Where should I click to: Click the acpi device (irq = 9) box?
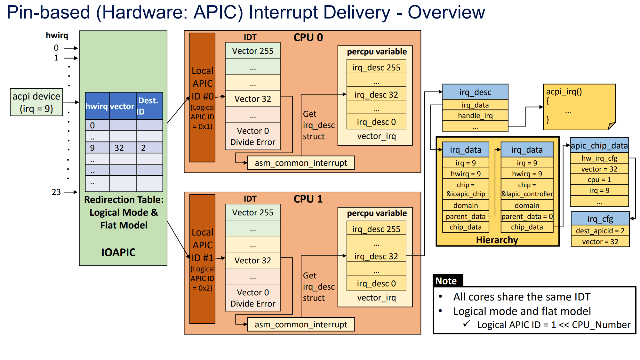point(36,102)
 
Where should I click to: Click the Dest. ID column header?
point(149,106)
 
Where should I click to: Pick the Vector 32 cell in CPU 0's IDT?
point(253,99)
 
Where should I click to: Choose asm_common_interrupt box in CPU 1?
point(301,324)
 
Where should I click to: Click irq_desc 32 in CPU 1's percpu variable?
point(376,256)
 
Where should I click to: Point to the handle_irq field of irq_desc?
point(475,116)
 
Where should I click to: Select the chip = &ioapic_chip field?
point(466,189)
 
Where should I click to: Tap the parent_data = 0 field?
point(527,216)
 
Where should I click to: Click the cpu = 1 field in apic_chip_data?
point(599,180)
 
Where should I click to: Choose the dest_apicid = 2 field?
point(600,231)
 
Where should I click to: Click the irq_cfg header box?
point(600,219)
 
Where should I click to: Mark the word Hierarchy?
point(497,240)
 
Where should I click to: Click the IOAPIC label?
point(118,252)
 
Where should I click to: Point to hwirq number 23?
point(56,192)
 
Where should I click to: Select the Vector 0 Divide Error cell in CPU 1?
point(253,298)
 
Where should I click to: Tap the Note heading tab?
point(446,281)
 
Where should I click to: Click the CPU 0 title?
point(308,37)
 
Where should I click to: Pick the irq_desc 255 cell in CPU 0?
point(376,68)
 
